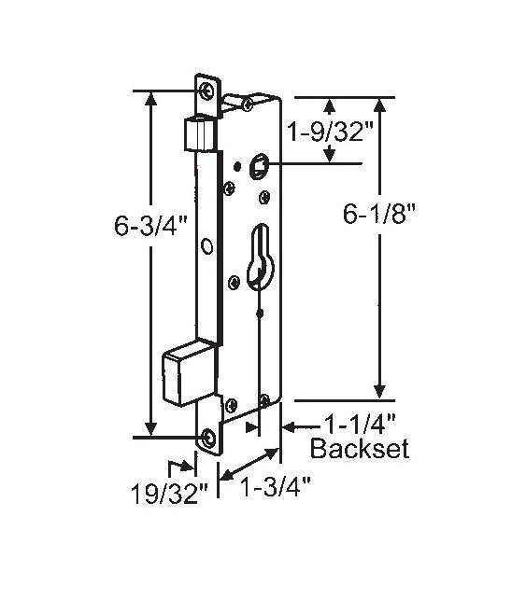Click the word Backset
(x=360, y=451)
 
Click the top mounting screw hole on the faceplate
(x=206, y=91)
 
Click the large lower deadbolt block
(x=188, y=372)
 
